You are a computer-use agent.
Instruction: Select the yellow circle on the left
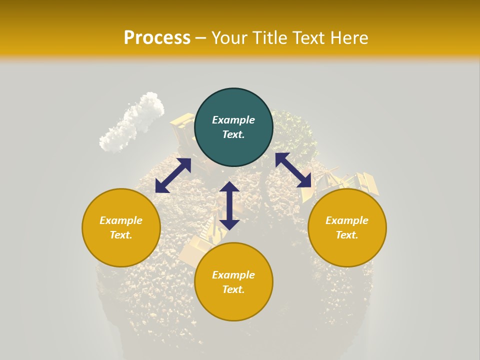coord(121,227)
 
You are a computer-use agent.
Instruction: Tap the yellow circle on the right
coord(347,227)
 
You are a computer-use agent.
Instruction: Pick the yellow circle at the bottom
coord(233,281)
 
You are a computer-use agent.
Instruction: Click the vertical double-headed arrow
coord(229,205)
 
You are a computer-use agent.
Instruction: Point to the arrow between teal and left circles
coord(173,175)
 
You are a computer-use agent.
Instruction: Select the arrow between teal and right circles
coord(293,170)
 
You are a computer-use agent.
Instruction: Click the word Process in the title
coord(157,37)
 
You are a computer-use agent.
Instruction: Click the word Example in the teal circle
coord(233,120)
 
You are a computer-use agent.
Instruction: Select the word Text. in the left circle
coord(121,235)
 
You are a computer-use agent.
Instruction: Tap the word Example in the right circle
coord(347,220)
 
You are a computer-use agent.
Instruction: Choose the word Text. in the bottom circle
coord(233,289)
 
